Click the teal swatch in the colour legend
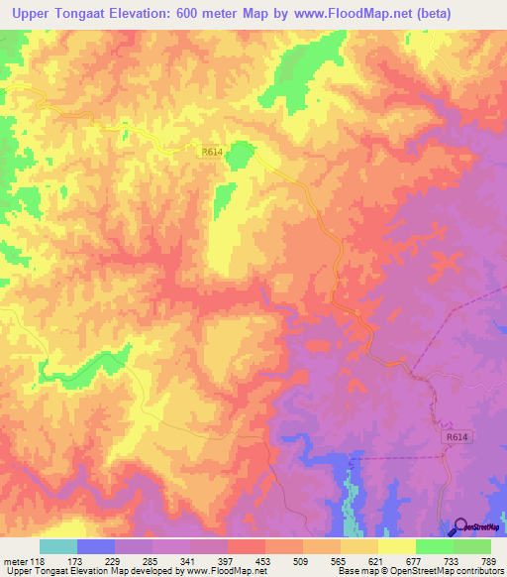pos(58,546)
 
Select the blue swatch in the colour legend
pos(96,546)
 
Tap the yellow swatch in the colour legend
pos(397,546)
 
